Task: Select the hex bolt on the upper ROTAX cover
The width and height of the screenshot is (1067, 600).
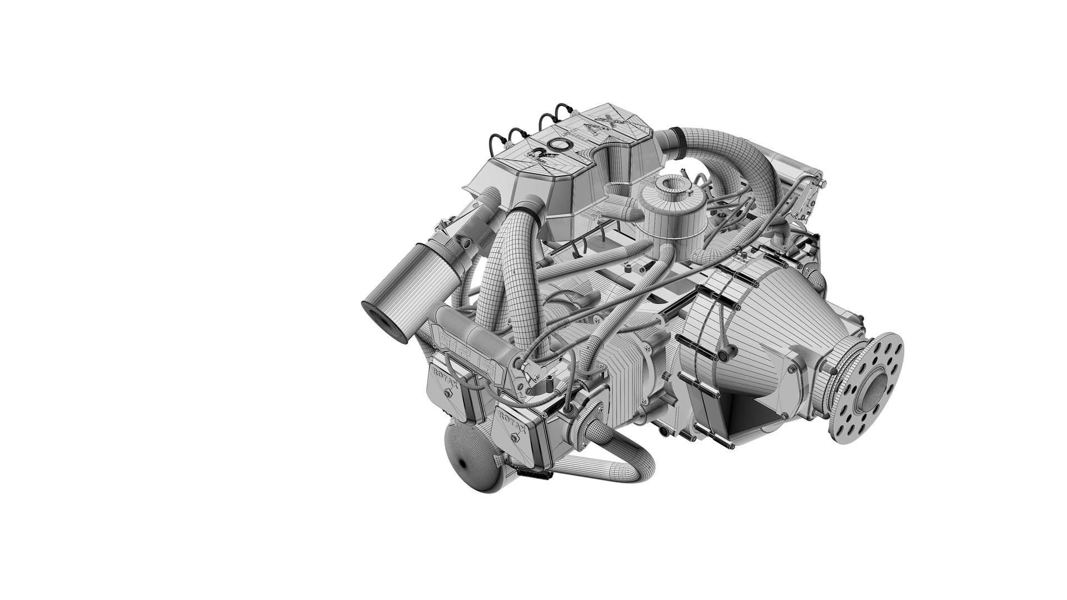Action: click(x=447, y=393)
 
